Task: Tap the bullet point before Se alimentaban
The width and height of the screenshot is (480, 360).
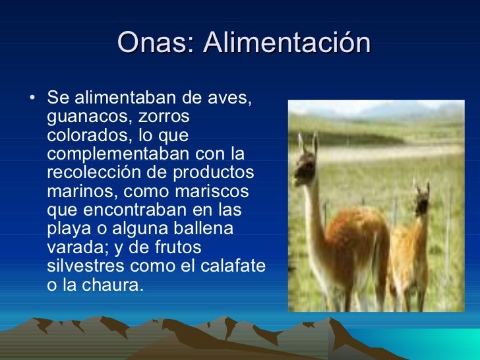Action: point(33,100)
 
